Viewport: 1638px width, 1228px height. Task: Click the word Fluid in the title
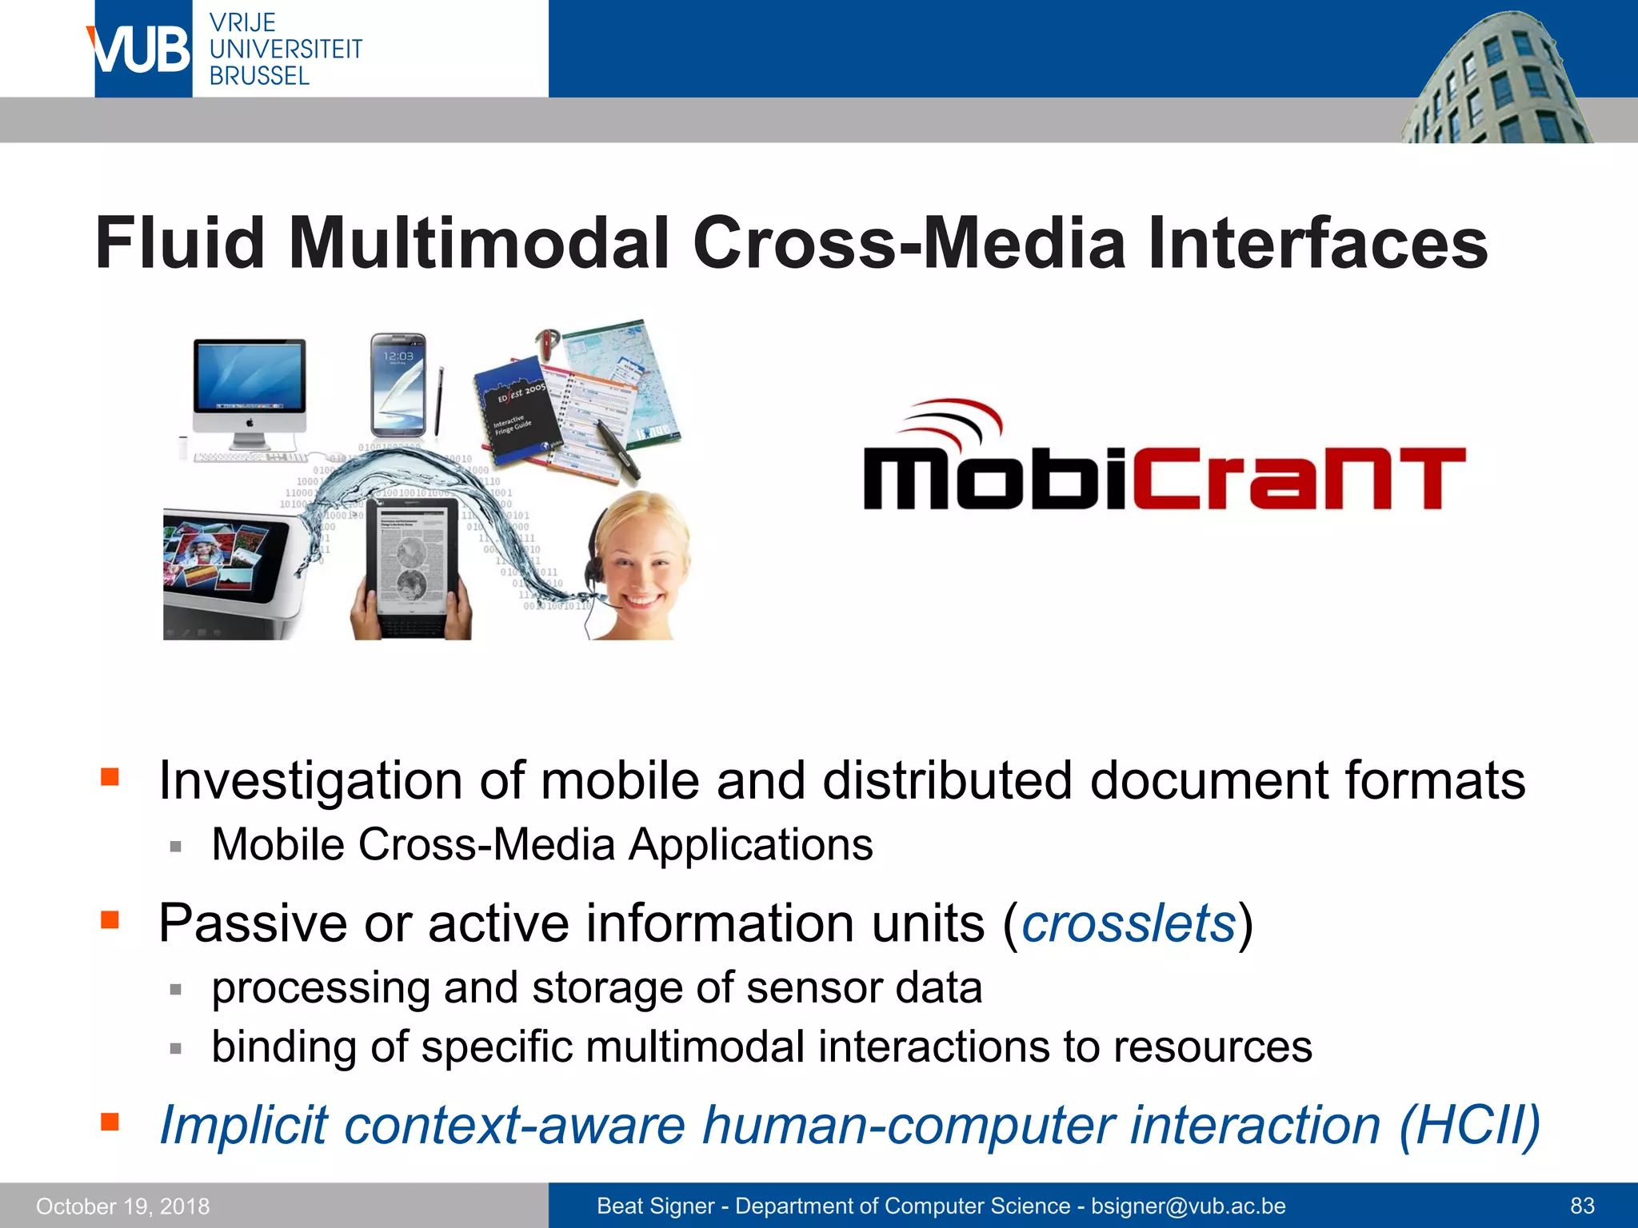[179, 243]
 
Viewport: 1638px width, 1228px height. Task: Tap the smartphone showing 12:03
[398, 384]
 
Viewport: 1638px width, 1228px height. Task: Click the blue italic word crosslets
[1129, 924]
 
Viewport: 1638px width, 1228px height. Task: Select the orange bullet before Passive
[110, 920]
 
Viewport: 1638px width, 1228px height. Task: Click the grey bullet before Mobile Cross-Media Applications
[176, 847]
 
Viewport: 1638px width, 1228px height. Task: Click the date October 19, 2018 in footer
[122, 1206]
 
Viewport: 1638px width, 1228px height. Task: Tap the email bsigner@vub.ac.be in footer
[1188, 1206]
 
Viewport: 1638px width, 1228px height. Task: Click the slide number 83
[1582, 1206]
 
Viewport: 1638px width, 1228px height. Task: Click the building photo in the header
[1496, 80]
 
